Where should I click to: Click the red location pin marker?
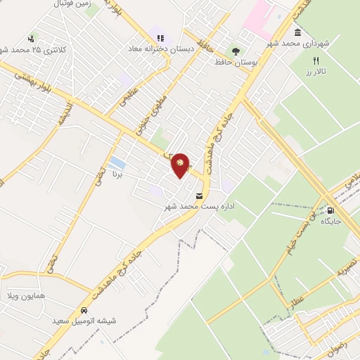pos(181,165)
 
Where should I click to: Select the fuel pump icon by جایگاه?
pos(330,210)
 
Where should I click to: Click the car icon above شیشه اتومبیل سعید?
pos(84,311)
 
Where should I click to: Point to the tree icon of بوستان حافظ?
pos(235,51)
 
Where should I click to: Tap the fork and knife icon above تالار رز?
pos(316,60)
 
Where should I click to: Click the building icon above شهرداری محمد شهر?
pos(298,32)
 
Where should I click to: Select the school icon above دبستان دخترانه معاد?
pos(160,38)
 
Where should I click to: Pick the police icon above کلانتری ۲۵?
pos(31,39)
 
